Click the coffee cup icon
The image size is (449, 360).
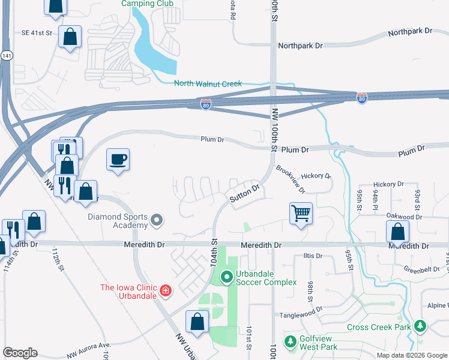(118, 160)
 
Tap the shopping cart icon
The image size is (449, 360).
(301, 212)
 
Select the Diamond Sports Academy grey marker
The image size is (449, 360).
(157, 221)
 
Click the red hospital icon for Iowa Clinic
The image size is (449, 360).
(166, 292)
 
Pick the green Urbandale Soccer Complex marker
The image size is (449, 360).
(226, 277)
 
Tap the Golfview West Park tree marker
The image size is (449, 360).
(291, 341)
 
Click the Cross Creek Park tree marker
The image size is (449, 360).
(420, 327)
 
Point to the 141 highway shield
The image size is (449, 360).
(5, 55)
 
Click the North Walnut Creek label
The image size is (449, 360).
(208, 83)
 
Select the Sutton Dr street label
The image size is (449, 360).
(244, 193)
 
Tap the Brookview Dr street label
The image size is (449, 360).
(291, 179)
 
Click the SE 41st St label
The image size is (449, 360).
(37, 33)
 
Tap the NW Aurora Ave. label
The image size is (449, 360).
(89, 350)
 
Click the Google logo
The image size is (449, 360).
(20, 353)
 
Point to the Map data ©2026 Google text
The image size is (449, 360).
(411, 355)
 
